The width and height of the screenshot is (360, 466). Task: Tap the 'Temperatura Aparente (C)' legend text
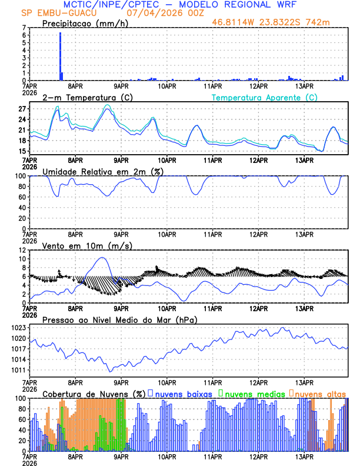point(265,97)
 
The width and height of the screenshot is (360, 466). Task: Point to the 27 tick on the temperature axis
point(23,109)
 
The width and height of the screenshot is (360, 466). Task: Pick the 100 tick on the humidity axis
point(21,176)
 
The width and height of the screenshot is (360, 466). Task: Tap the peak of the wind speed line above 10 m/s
point(103,258)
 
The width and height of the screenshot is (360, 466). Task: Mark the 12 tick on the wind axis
point(23,250)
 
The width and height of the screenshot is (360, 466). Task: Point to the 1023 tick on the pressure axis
point(19,328)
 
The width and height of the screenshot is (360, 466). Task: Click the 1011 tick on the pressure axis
point(19,370)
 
